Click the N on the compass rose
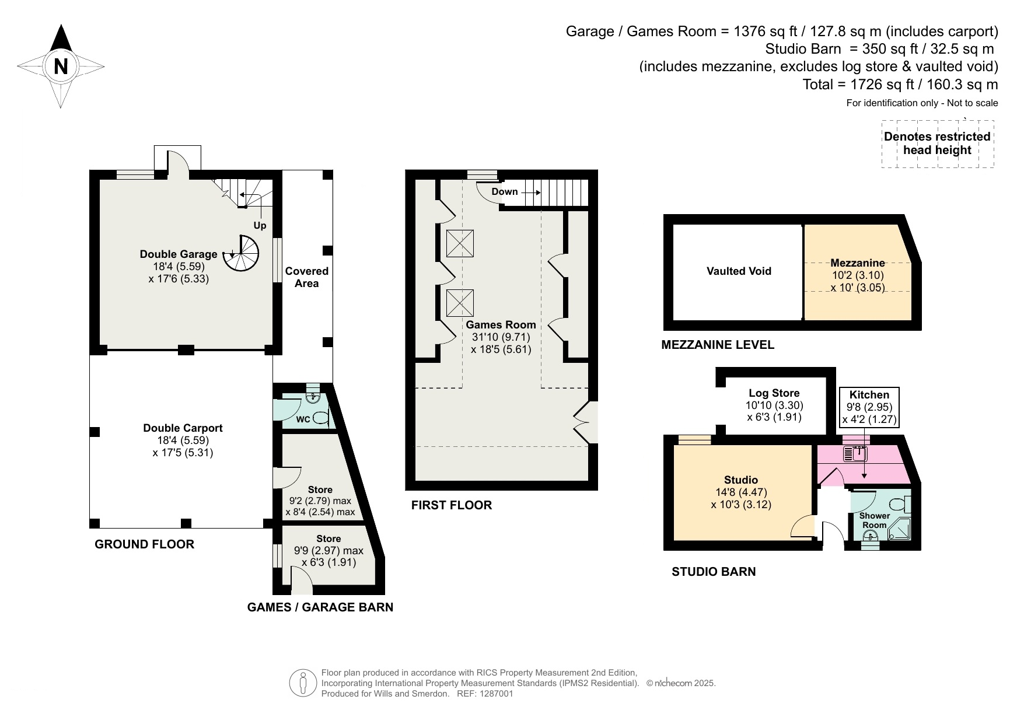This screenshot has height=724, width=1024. point(61,65)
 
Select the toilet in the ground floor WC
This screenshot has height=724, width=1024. point(320,418)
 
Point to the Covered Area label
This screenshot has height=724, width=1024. point(306,277)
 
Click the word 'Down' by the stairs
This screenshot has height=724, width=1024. point(505,191)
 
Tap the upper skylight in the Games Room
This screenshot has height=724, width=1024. point(460,243)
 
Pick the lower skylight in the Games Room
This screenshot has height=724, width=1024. point(460,303)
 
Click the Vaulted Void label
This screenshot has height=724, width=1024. point(739,271)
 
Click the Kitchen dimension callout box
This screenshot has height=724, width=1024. point(869,407)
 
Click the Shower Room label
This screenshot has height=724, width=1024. point(875,520)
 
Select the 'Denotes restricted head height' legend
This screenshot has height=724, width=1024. point(937,144)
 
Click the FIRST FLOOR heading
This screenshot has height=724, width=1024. point(452,505)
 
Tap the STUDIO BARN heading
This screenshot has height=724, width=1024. point(714,572)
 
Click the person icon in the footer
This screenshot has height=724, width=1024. point(303,683)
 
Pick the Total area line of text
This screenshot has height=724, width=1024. point(900,85)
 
